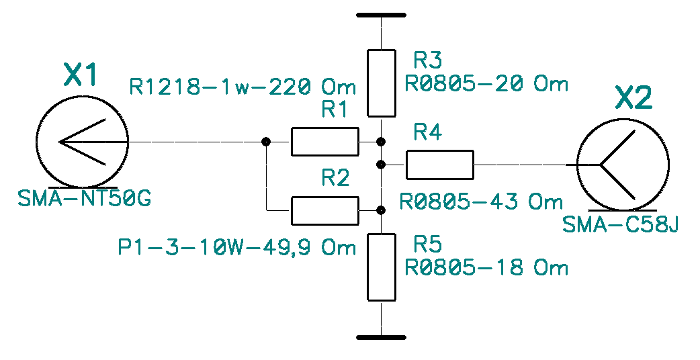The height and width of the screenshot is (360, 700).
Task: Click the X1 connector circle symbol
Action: click(81, 142)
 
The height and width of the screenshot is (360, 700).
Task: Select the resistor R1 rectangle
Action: click(324, 142)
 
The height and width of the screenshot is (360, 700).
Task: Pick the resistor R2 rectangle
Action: click(324, 210)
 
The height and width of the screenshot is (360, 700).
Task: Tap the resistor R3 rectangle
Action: click(381, 82)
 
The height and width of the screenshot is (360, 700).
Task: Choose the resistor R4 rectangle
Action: click(440, 164)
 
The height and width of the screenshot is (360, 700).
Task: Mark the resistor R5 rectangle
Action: click(381, 267)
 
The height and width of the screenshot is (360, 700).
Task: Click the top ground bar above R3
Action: click(381, 15)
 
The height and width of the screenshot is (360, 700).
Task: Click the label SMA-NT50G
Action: click(85, 199)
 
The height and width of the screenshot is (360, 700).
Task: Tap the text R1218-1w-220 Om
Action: click(242, 87)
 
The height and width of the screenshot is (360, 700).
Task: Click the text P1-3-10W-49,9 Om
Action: click(236, 248)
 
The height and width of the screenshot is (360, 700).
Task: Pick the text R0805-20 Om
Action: click(486, 84)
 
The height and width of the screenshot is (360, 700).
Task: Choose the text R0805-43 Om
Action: click(481, 201)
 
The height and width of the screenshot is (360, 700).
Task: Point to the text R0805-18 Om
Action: click(486, 268)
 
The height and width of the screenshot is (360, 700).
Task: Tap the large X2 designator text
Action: click(633, 99)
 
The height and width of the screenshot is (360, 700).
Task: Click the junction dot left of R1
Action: click(267, 142)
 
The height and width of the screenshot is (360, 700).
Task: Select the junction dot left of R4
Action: click(381, 164)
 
